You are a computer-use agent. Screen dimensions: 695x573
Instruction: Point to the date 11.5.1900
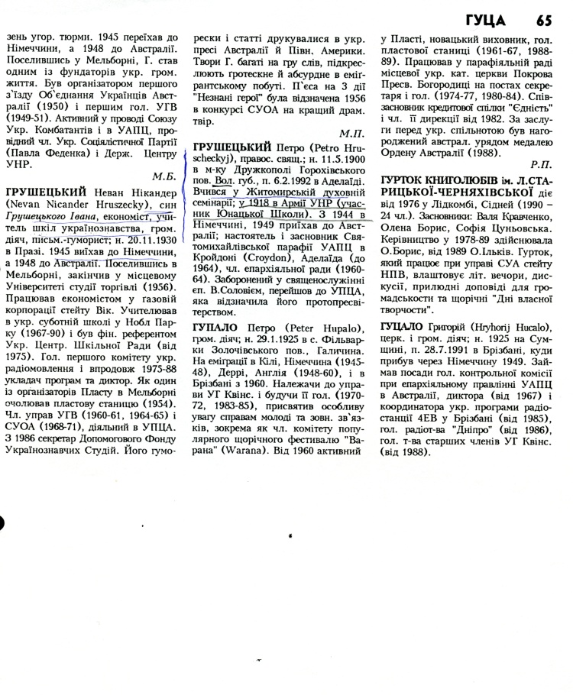pos(333,167)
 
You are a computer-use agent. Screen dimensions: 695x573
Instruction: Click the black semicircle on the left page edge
pos(4,518)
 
